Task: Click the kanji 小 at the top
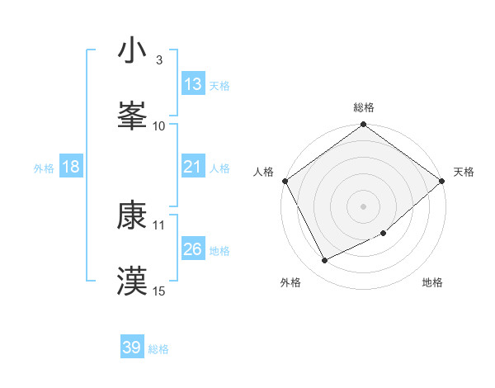(x=132, y=51)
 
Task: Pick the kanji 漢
(x=132, y=280)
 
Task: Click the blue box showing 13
(x=192, y=84)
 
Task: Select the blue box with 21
(x=192, y=167)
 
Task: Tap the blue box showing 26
(x=192, y=249)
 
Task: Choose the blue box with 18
(x=71, y=167)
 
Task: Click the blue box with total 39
(x=132, y=348)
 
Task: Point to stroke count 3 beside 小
(x=158, y=59)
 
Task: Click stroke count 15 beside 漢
(x=159, y=291)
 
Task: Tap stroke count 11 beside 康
(x=159, y=225)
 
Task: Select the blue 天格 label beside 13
(x=219, y=85)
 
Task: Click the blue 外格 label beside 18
(x=44, y=168)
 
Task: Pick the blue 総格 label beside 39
(x=158, y=349)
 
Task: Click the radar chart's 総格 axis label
(x=364, y=107)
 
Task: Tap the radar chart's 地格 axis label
(x=432, y=283)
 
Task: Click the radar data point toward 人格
(x=285, y=181)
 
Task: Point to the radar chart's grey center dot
(x=364, y=206)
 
